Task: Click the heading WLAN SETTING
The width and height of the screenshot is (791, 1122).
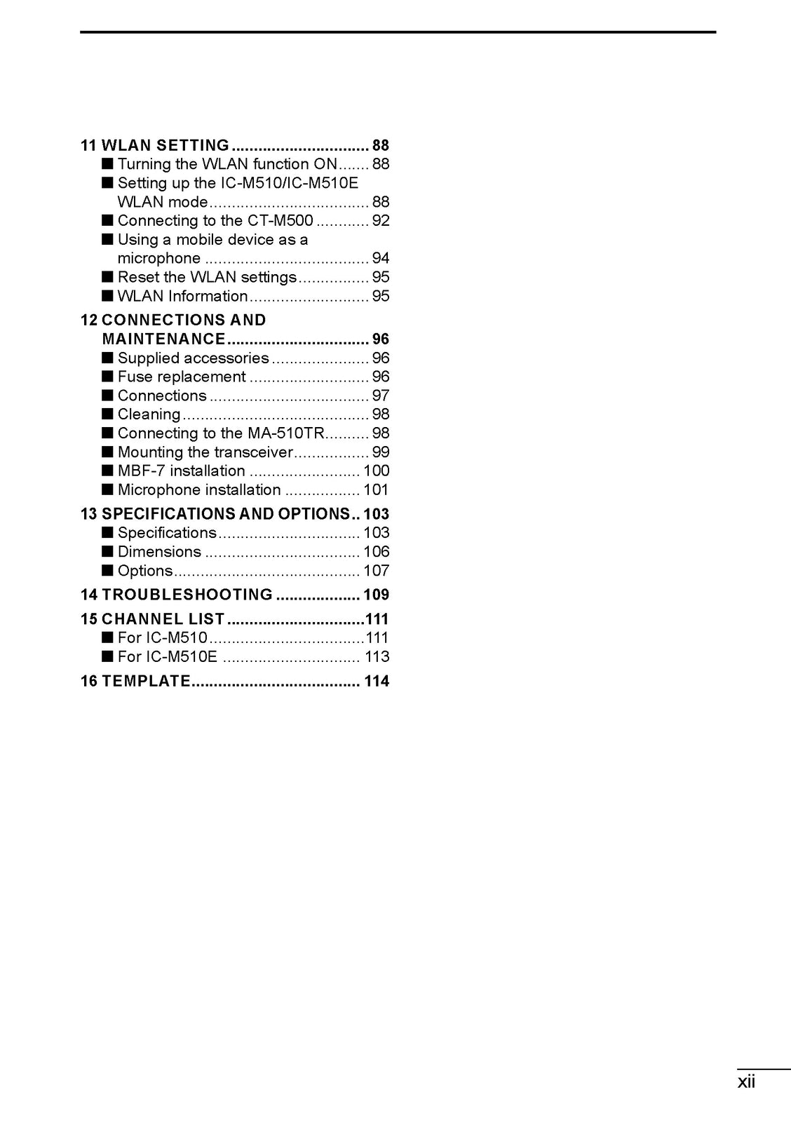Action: click(x=165, y=145)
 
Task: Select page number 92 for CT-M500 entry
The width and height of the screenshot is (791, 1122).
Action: click(x=381, y=221)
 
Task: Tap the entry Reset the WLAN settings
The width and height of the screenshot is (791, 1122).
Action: click(x=207, y=278)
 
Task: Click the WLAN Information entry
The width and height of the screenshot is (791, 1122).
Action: click(x=182, y=297)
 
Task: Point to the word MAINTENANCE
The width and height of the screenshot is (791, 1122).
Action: click(x=164, y=339)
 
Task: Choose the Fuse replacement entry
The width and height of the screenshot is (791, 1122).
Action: click(x=182, y=377)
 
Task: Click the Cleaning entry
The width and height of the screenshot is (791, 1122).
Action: click(x=149, y=415)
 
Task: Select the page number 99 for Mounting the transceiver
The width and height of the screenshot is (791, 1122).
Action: click(x=381, y=453)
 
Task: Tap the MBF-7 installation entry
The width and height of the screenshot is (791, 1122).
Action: click(x=181, y=471)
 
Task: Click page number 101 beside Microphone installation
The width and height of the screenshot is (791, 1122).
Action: click(x=376, y=490)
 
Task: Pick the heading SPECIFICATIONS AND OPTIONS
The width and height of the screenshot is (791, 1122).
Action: click(x=225, y=514)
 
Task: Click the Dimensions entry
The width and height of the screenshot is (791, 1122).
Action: click(x=159, y=553)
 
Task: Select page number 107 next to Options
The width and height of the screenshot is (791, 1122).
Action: click(x=376, y=572)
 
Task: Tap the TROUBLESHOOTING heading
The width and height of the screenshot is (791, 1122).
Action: click(x=187, y=595)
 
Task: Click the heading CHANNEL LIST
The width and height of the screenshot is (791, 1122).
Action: click(x=163, y=619)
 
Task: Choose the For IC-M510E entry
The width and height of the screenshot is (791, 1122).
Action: click(x=167, y=657)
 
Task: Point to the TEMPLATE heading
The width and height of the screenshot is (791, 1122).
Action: click(x=146, y=681)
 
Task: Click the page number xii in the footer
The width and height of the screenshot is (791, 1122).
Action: click(x=746, y=1082)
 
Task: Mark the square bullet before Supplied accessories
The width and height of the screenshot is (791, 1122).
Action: click(x=107, y=358)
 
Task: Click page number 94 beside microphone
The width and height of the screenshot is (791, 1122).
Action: click(x=381, y=259)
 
